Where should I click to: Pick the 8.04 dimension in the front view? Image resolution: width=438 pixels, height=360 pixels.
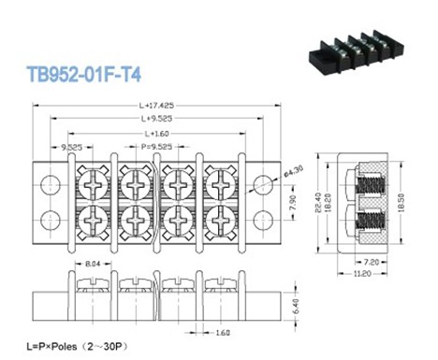pyautogui.click(x=93, y=265)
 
